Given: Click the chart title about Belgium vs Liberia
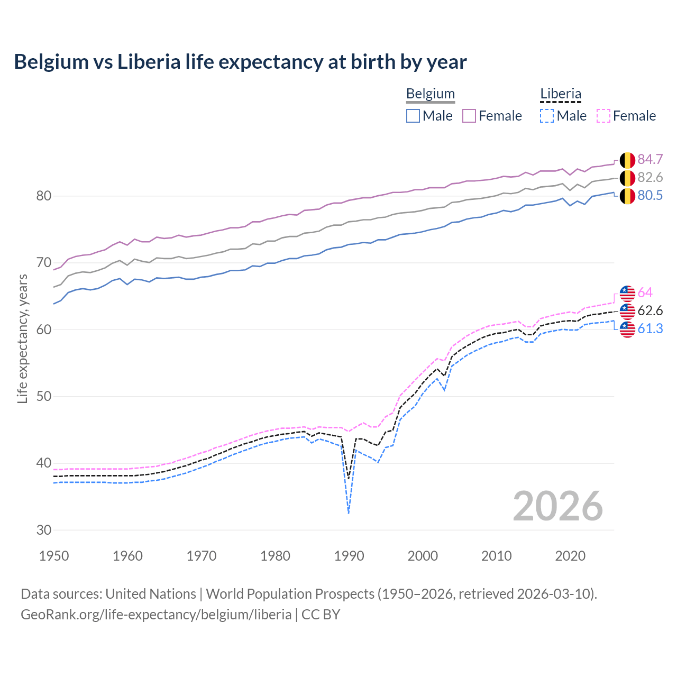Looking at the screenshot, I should coord(240,62).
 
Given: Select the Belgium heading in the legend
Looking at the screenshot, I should coord(430,94).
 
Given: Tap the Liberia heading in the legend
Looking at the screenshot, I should coord(560,94).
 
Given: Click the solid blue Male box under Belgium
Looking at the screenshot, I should coord(413,116).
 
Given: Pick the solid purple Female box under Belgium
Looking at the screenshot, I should coord(469,116).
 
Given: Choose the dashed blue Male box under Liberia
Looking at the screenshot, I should coord(547,116).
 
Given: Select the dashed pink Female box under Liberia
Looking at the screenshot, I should coord(603,116).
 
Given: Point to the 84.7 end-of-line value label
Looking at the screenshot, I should coord(650,159).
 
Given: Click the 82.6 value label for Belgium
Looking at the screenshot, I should coord(650,177).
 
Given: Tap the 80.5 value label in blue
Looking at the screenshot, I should coord(650,195).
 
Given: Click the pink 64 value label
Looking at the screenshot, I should coord(645,292).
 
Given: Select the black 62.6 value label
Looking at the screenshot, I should coord(650,310).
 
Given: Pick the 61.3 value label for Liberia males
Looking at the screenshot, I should coord(650,328).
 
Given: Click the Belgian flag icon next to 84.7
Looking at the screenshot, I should coord(627,159).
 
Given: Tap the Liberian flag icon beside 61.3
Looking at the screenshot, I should coord(627,329).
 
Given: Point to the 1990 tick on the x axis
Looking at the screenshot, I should coord(349,556).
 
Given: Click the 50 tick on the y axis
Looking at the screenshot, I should coord(44,396).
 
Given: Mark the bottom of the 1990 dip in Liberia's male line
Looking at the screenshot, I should coord(349,513).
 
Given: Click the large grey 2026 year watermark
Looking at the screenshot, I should coord(557,506).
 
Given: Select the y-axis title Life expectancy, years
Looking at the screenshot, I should coord(22,338).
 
